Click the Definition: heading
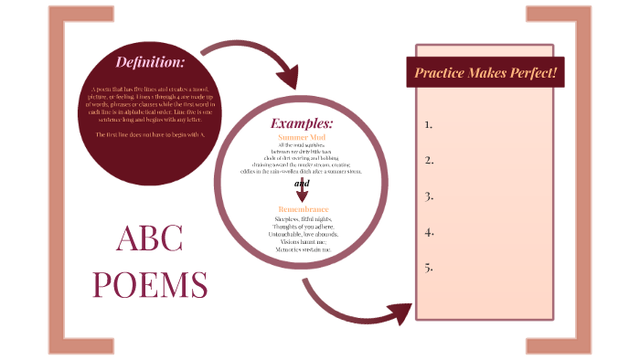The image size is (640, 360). point(150,62)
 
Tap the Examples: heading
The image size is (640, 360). point(301,123)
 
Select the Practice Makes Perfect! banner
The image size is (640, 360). point(485,71)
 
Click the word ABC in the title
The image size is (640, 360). point(150,239)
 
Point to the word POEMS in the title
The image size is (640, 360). point(150,284)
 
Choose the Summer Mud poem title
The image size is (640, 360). point(301,136)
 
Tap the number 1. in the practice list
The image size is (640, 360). point(428,124)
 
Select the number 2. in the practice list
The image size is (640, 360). point(428,160)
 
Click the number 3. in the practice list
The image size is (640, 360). point(428,196)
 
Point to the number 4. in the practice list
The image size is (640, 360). point(428,232)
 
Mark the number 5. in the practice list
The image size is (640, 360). point(428,268)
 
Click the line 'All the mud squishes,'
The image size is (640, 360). point(301,145)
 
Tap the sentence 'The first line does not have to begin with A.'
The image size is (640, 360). point(150,135)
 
